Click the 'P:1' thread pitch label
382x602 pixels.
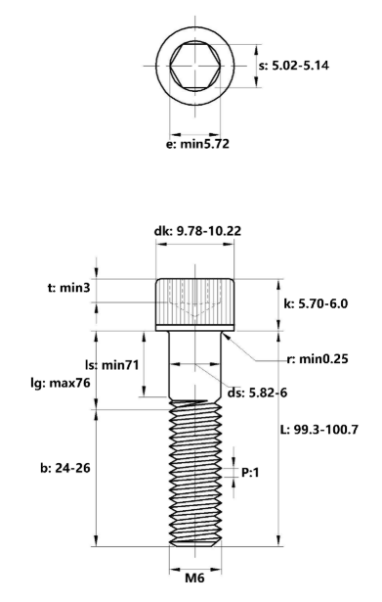(251, 472)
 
